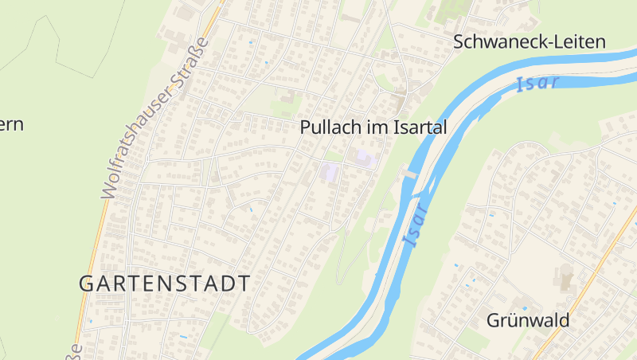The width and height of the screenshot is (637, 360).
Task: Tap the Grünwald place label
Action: (x=528, y=321)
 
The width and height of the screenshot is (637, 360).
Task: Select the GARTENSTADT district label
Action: (x=165, y=283)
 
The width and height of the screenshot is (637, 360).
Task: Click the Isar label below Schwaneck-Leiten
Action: (x=537, y=83)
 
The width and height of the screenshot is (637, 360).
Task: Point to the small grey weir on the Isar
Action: (x=410, y=173)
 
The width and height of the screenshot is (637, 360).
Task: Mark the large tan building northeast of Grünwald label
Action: (x=566, y=278)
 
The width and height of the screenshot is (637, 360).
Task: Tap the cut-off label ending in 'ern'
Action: (x=11, y=125)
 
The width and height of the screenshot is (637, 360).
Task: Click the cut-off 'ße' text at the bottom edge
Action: (x=76, y=351)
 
